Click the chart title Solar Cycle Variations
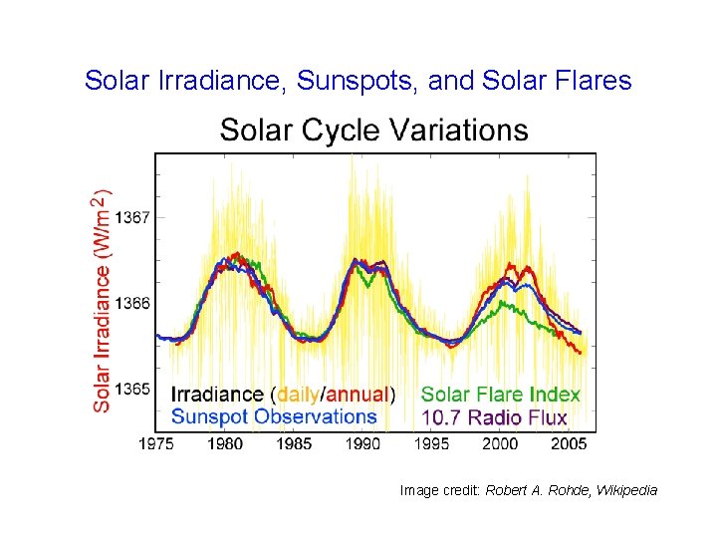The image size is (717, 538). point(373,131)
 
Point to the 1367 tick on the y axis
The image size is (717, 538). point(133,216)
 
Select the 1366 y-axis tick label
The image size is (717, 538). point(133,303)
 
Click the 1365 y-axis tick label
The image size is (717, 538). point(133,389)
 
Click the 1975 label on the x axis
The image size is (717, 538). point(156,443)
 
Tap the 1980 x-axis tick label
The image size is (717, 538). point(225,443)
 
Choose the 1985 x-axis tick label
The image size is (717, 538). point(294,443)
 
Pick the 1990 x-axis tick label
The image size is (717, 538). point(363,443)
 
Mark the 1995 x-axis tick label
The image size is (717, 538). point(432,443)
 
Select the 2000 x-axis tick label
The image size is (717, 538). point(501,443)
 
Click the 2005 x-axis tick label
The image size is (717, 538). point(569,443)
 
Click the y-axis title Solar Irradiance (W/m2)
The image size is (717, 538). point(103,302)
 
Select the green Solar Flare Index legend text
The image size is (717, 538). point(500,395)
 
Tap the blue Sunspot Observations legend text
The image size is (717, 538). point(275,416)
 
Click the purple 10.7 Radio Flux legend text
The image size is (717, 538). point(494,417)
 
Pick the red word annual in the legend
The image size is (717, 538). point(357,395)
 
